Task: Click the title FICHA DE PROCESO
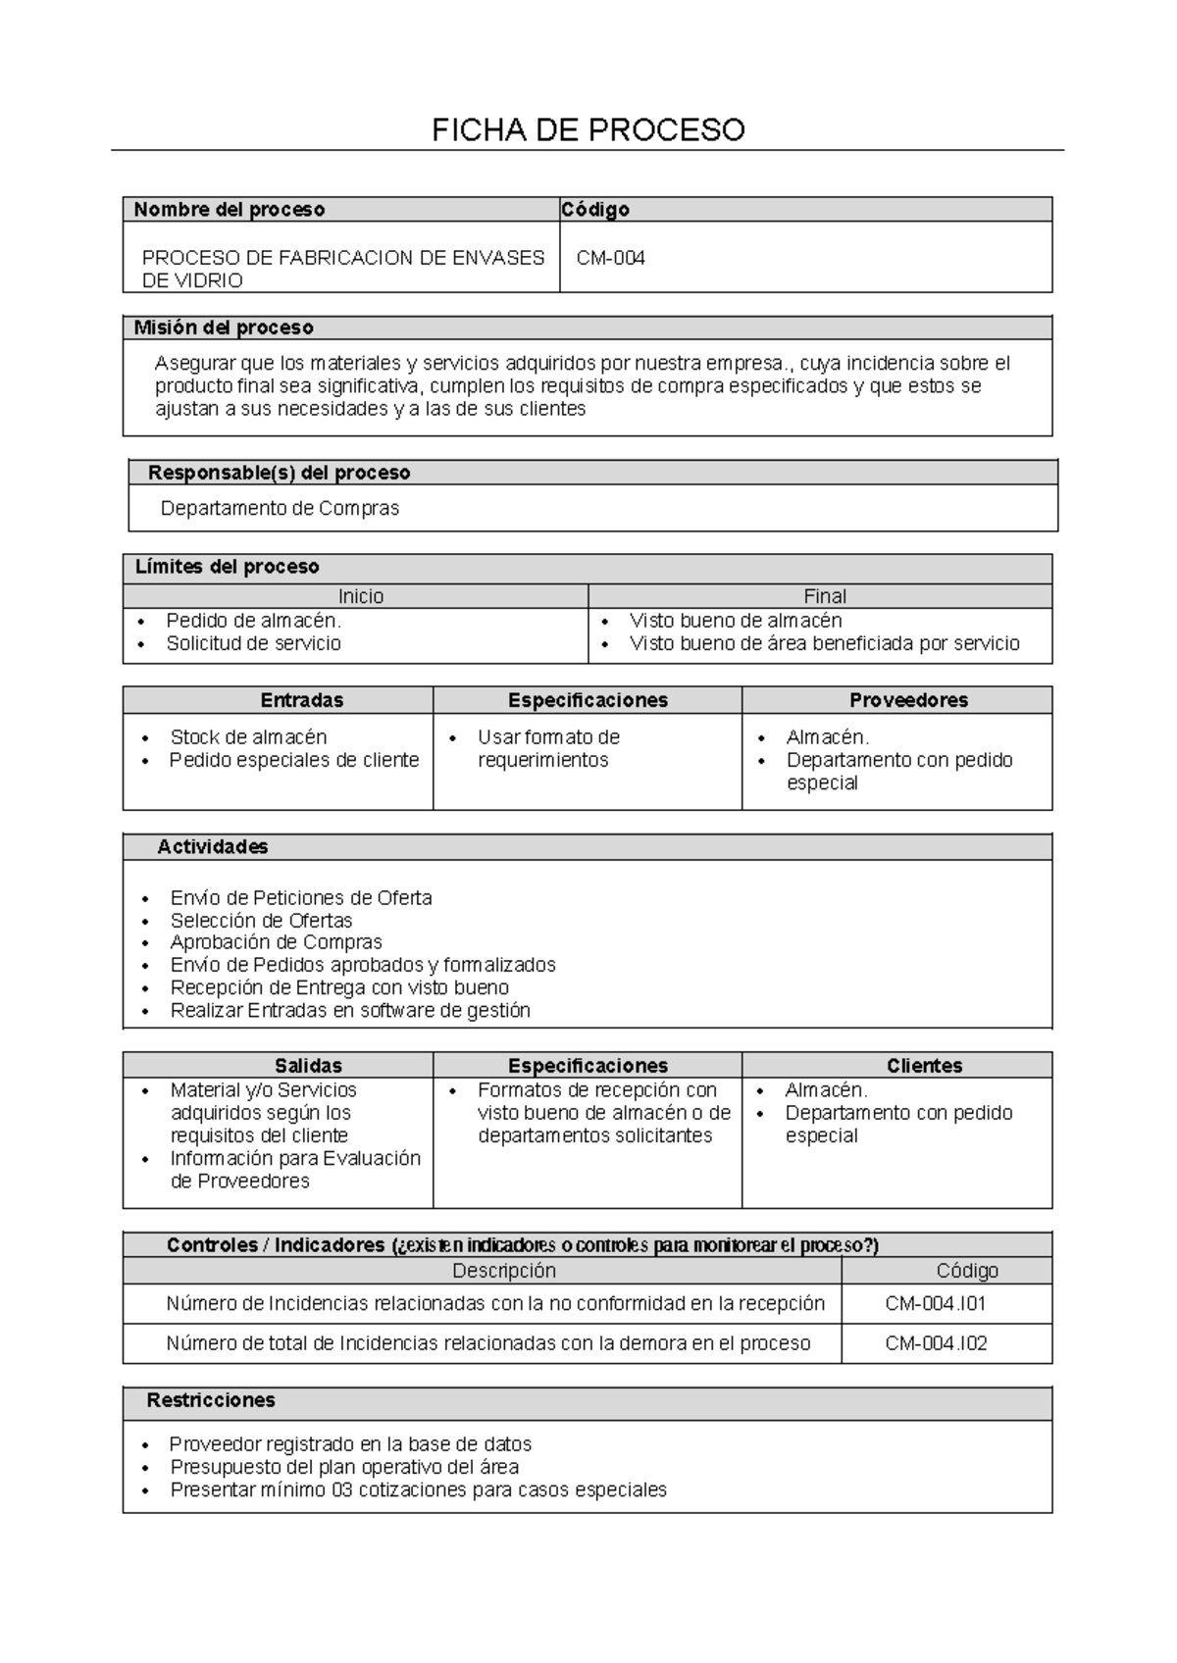(588, 129)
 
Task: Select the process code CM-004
(610, 259)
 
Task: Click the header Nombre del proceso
(229, 209)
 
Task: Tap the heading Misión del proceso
(224, 328)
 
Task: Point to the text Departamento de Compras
(280, 509)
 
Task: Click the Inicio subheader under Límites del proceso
(361, 596)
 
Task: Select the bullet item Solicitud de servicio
(253, 643)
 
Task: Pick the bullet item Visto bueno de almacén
(736, 621)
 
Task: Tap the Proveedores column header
(908, 700)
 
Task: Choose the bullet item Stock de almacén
(248, 737)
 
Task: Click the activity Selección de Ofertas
(261, 921)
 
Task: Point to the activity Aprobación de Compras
(276, 942)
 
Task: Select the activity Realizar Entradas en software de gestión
(350, 1011)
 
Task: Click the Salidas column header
(308, 1066)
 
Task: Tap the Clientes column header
(924, 1066)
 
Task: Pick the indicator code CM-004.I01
(936, 1304)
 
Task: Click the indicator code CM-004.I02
(936, 1343)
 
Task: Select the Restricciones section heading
(211, 1400)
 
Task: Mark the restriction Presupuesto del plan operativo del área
(344, 1468)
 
